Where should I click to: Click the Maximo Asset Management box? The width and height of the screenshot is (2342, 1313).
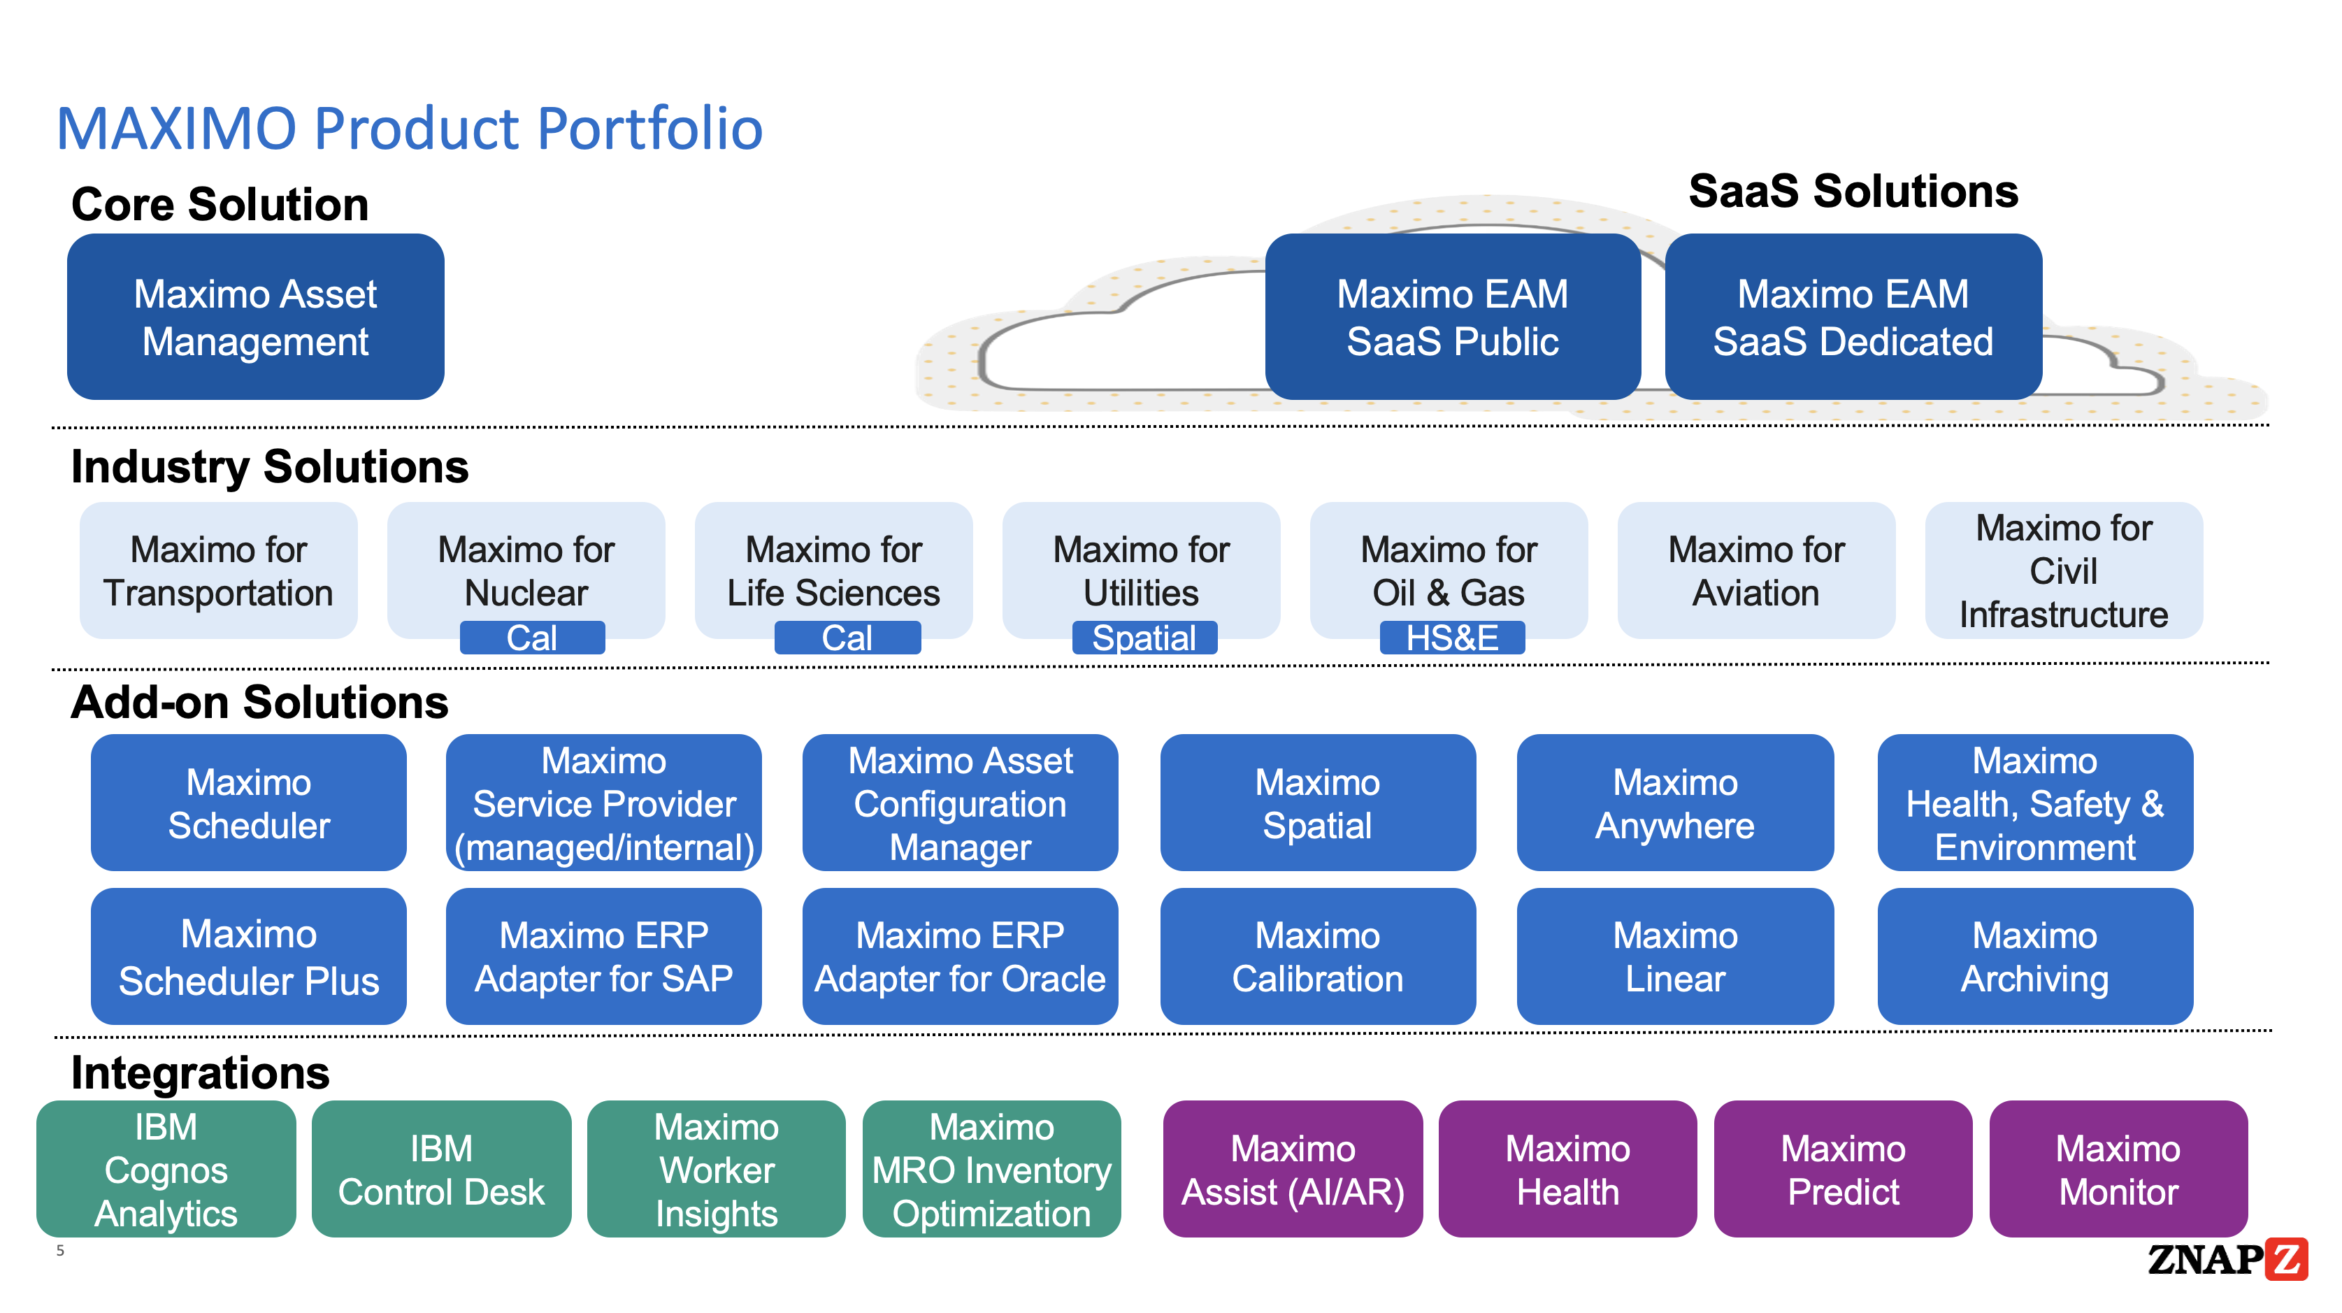pyautogui.click(x=255, y=317)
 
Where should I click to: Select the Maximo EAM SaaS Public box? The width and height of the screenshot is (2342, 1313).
pyautogui.click(x=1452, y=317)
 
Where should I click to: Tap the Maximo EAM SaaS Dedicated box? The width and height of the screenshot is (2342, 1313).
pyautogui.click(x=1852, y=317)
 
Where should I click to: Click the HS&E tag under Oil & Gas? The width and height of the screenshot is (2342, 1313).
pyautogui.click(x=1452, y=638)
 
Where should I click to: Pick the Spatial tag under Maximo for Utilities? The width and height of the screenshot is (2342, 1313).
pyautogui.click(x=1144, y=638)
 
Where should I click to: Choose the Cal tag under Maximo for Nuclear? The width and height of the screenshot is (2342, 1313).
pyautogui.click(x=532, y=638)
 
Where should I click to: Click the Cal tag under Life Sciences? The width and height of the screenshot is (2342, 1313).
pyautogui.click(x=847, y=638)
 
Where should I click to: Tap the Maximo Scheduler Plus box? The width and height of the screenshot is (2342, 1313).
pyautogui.click(x=248, y=956)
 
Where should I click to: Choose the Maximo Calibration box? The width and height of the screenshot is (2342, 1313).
pyautogui.click(x=1317, y=956)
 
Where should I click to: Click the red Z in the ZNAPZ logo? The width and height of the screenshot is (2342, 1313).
pyautogui.click(x=2285, y=1258)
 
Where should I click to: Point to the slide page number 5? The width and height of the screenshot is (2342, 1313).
pyautogui.click(x=60, y=1250)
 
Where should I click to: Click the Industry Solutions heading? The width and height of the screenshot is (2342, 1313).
pyautogui.click(x=269, y=466)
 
